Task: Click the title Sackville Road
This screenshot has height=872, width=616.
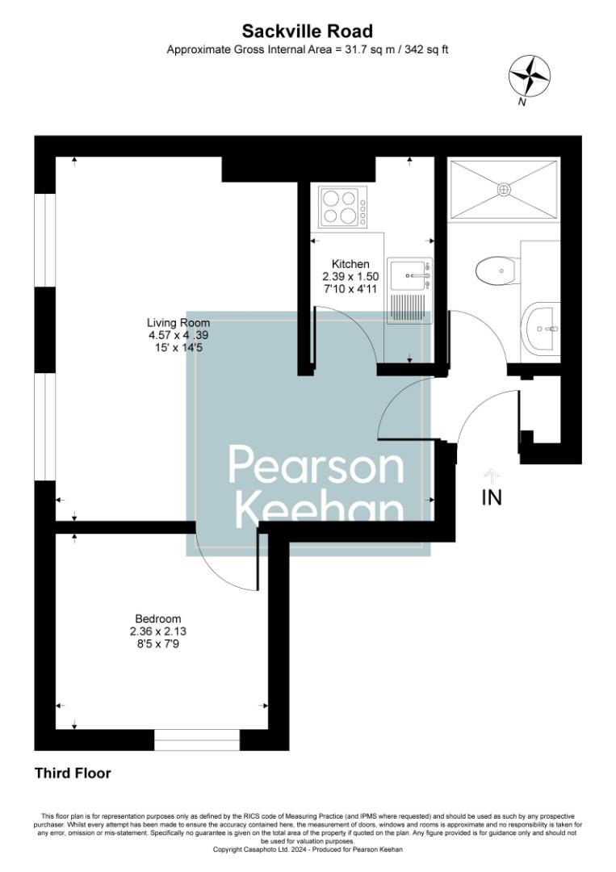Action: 308,31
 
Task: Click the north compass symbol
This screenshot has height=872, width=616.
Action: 530,78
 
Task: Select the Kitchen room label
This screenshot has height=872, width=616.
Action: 351,264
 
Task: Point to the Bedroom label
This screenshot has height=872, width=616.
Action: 158,619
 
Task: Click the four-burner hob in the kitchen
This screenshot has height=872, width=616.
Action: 342,207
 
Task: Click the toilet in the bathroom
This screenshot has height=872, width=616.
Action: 497,269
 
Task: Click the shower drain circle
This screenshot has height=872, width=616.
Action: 504,190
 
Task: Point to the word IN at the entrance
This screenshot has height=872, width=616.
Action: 492,498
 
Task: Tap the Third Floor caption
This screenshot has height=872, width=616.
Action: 73,773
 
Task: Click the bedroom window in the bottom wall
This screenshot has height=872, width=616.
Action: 197,740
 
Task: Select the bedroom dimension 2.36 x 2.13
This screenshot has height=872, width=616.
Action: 158,632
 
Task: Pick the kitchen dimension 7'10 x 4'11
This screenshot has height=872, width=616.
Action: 351,288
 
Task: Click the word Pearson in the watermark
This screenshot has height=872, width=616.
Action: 316,465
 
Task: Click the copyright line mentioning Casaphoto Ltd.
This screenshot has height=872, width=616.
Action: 308,849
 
